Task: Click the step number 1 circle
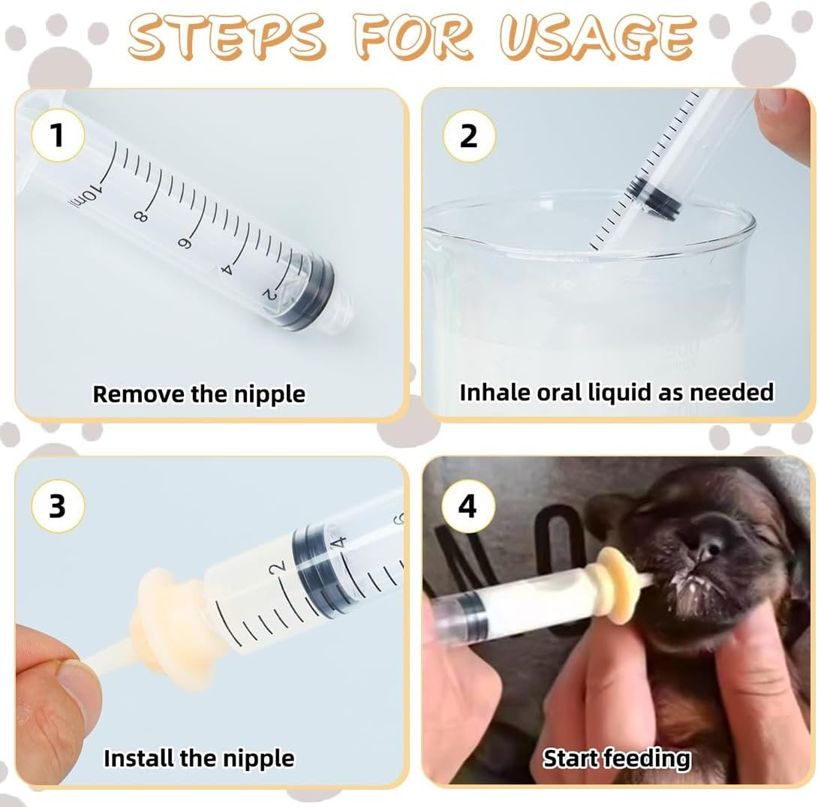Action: pyautogui.click(x=57, y=137)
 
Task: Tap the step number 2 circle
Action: pyautogui.click(x=468, y=137)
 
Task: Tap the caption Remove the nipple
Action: pyautogui.click(x=199, y=393)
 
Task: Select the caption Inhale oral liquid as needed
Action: pyautogui.click(x=616, y=392)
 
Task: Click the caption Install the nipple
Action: pyautogui.click(x=199, y=758)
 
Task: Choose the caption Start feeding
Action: pyautogui.click(x=616, y=758)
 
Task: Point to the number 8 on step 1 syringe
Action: pyautogui.click(x=140, y=215)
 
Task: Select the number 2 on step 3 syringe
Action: pyautogui.click(x=280, y=568)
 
